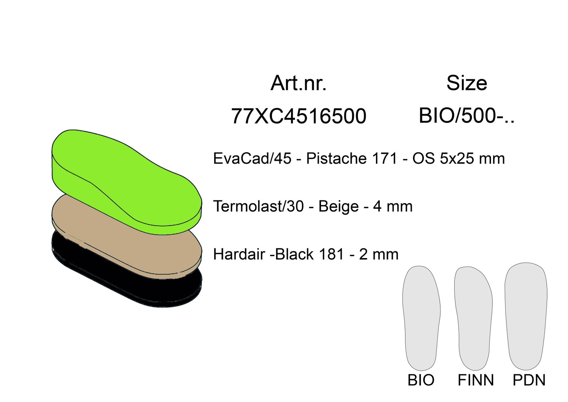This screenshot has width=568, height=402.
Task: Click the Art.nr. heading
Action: [299, 83]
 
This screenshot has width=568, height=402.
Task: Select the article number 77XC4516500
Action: [299, 116]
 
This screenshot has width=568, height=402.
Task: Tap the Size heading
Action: [467, 83]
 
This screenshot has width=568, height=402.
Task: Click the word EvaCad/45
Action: [252, 159]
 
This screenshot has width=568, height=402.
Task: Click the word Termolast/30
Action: [258, 206]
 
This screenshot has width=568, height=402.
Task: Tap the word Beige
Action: [339, 206]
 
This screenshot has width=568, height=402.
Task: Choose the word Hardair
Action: [239, 254]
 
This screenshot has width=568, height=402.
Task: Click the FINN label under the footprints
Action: [476, 380]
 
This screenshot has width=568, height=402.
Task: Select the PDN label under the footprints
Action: [529, 380]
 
